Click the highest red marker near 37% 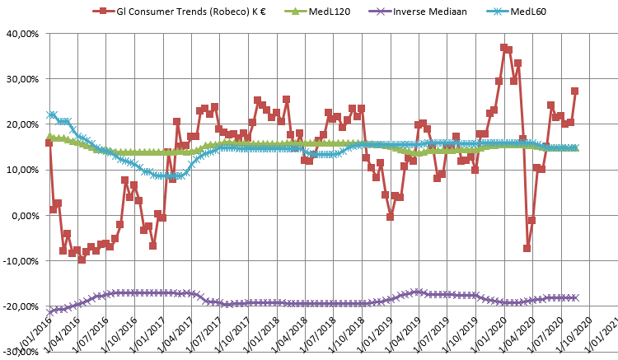[x=503, y=48]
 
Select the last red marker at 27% [x=574, y=91]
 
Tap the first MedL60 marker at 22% [x=51, y=115]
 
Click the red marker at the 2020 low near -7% [x=527, y=248]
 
